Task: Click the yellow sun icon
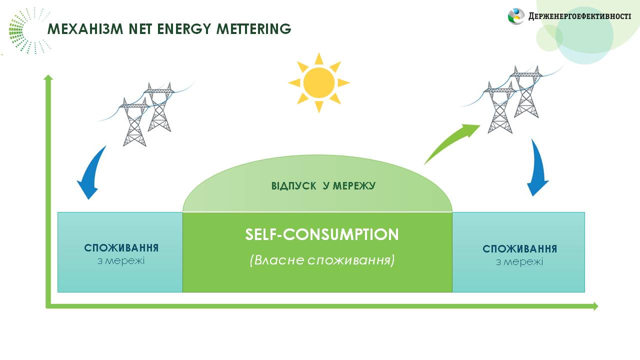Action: [319, 83]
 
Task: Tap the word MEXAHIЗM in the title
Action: [85, 29]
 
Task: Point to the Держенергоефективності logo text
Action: [579, 16]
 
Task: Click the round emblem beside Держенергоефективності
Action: [516, 16]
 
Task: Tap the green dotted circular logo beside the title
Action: [28, 31]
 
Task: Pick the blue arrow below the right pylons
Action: [537, 168]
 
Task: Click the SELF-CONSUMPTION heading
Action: [321, 234]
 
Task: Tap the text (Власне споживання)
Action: [321, 260]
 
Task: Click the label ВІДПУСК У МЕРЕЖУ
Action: [323, 186]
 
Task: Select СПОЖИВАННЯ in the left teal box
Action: [121, 247]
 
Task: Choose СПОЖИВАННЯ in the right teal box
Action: [519, 249]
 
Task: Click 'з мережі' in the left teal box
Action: [121, 261]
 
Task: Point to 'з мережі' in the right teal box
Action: [519, 262]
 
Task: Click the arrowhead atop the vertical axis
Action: [48, 77]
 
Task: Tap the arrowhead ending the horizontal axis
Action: [595, 306]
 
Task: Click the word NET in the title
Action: [140, 29]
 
